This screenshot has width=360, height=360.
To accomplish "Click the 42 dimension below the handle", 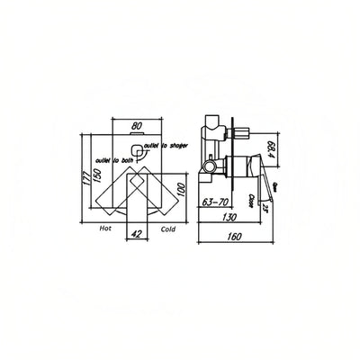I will [x=137, y=232].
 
